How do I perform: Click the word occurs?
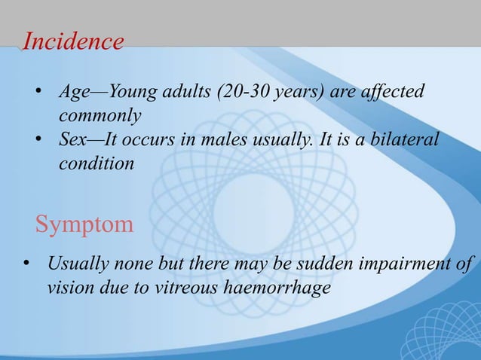click(173, 141)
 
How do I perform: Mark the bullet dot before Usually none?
click(24, 265)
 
